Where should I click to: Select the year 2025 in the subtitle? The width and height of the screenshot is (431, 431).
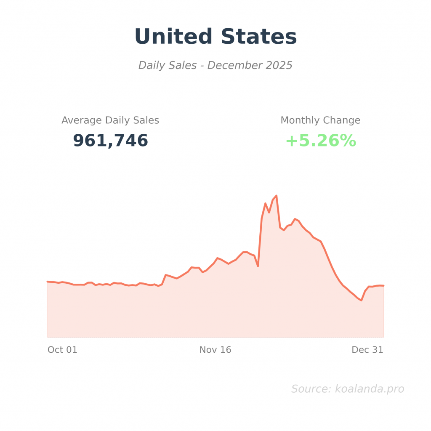[279, 66]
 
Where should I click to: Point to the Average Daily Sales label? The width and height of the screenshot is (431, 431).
[110, 120]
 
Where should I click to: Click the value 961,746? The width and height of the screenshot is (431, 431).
[110, 141]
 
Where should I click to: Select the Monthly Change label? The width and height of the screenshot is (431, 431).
[320, 120]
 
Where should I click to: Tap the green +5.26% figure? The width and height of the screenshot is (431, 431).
[321, 141]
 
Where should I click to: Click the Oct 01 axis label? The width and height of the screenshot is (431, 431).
[62, 350]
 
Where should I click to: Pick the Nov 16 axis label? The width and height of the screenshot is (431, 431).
[215, 350]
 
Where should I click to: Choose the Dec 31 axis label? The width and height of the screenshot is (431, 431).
[367, 350]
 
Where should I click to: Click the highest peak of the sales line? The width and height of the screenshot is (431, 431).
[276, 196]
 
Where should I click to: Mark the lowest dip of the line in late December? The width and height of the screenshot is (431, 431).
[361, 300]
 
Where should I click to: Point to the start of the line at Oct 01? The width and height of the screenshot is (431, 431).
[48, 281]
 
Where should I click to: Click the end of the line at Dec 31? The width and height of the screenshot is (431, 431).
[383, 286]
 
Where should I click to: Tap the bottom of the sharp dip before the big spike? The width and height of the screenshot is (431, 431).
[258, 266]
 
